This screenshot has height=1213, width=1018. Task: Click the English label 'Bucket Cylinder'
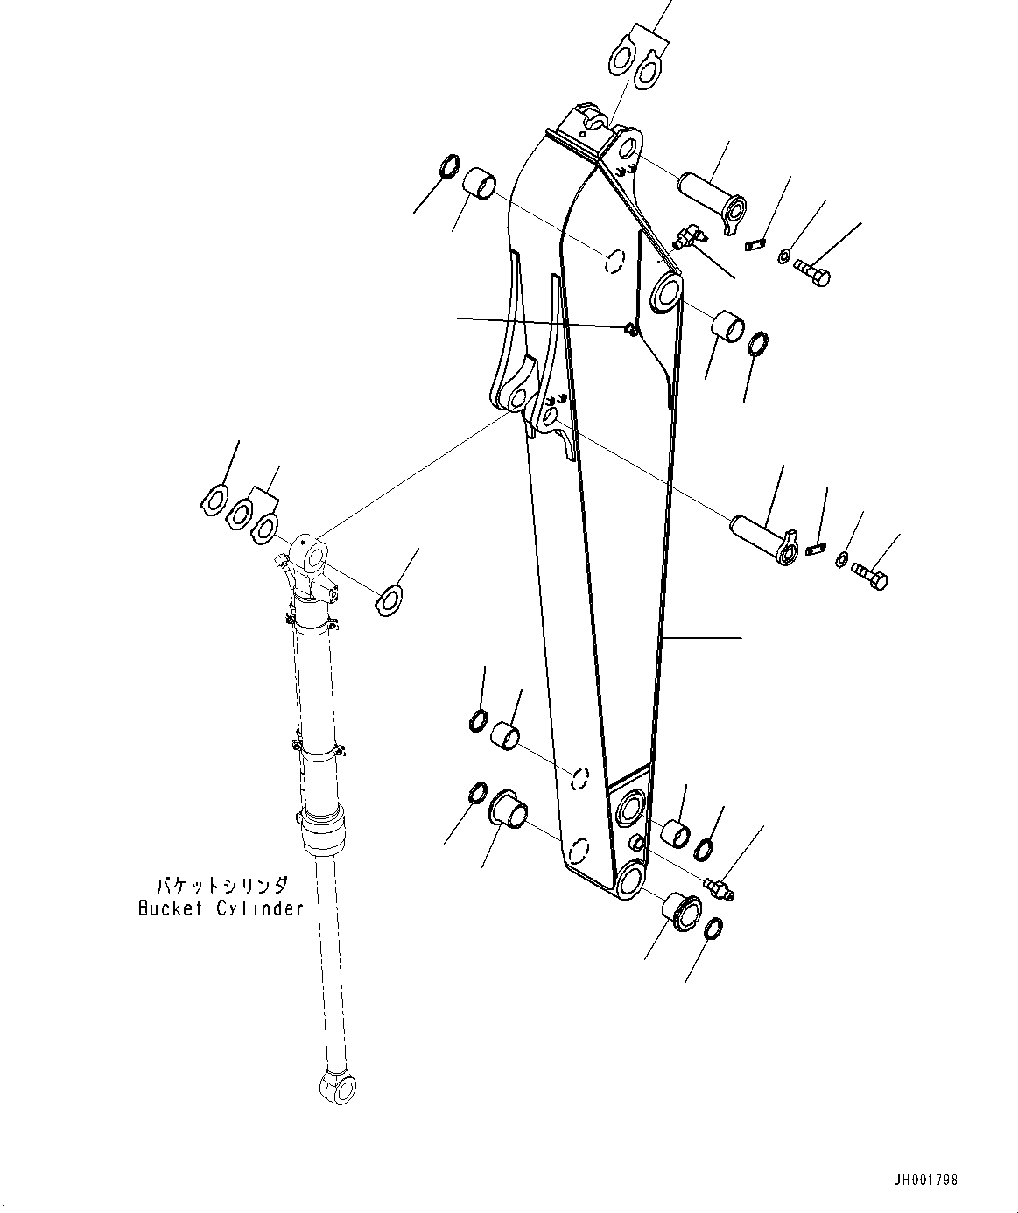(x=221, y=908)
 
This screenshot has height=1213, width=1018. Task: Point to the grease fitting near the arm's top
(x=689, y=236)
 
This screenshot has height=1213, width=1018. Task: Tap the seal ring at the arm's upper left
(x=448, y=165)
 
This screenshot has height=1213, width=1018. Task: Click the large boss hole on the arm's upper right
(x=668, y=291)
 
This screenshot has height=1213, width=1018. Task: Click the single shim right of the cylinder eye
(x=388, y=599)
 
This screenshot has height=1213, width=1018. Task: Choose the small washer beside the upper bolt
(x=784, y=256)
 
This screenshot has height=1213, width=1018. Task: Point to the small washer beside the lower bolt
(x=842, y=558)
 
